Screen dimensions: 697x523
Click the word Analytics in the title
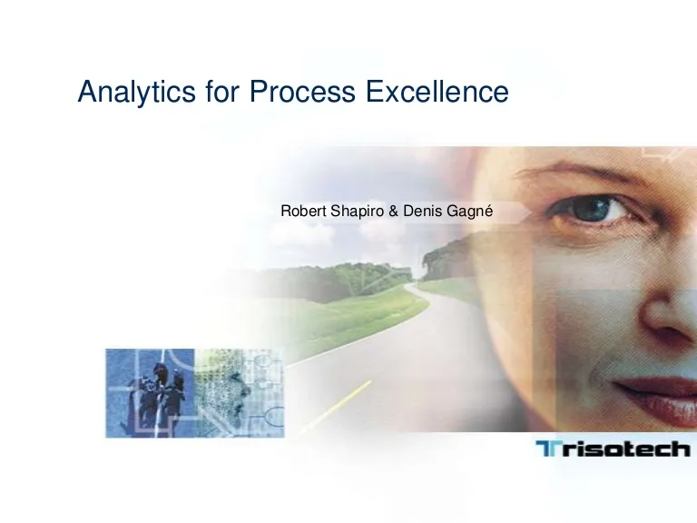(136, 92)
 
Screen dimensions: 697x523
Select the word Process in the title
(302, 91)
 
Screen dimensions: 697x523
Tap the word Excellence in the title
(437, 91)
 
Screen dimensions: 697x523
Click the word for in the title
(222, 91)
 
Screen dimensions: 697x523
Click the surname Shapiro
(357, 212)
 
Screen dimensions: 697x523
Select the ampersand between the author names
(393, 212)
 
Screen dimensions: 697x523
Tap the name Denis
(423, 211)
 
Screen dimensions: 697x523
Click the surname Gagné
(470, 212)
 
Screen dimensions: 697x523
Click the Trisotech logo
(614, 449)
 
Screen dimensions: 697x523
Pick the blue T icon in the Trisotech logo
(545, 449)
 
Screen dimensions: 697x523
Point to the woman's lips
(657, 397)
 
